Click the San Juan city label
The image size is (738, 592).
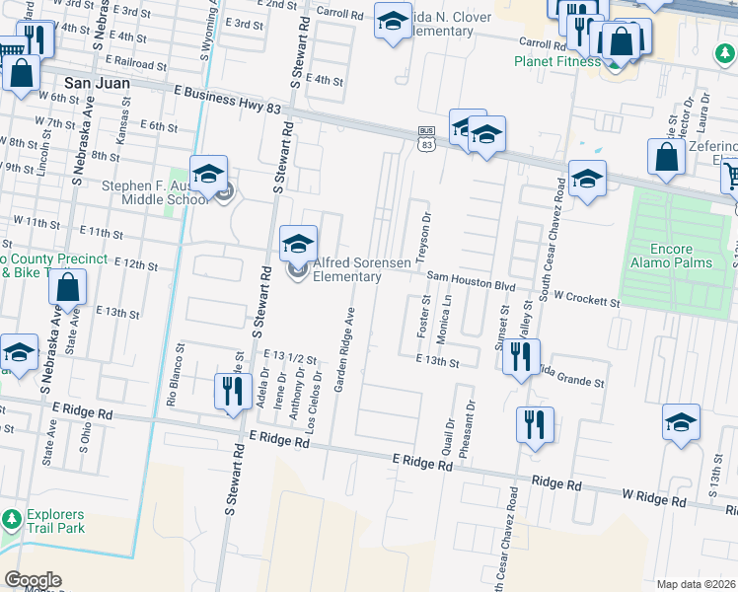(97, 84)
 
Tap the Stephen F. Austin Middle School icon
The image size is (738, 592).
(208, 175)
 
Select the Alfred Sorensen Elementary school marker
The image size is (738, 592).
(298, 244)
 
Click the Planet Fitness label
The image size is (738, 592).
(556, 61)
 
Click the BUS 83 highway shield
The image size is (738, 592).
(426, 138)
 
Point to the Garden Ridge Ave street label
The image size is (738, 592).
(345, 351)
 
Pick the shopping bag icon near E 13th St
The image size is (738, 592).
(68, 288)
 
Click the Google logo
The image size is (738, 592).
(33, 580)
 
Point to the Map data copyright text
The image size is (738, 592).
(696, 584)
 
